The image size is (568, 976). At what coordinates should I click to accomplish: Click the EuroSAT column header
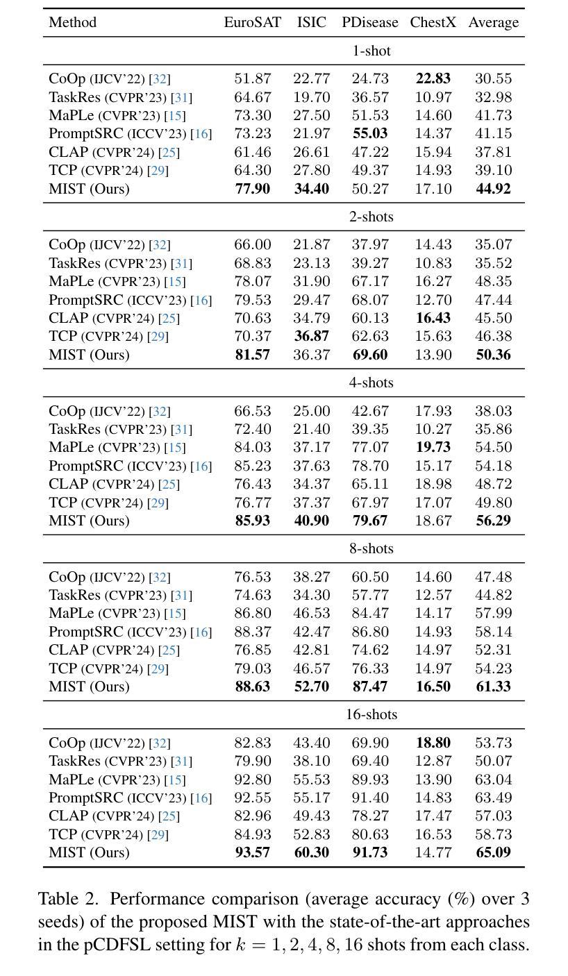[252, 22]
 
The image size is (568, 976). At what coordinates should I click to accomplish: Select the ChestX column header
[433, 22]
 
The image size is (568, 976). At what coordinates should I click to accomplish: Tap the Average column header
[494, 23]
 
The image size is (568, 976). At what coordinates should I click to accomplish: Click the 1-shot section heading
[371, 51]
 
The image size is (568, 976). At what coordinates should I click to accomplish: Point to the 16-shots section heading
[371, 714]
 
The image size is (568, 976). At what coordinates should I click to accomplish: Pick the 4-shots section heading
[371, 382]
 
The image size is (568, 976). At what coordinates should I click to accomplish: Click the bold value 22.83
[433, 78]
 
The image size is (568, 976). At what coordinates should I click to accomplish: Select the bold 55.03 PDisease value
[370, 133]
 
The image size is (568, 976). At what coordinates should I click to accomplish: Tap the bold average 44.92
[494, 189]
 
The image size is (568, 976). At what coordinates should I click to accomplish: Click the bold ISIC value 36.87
[311, 336]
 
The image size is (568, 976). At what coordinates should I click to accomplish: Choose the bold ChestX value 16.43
[433, 318]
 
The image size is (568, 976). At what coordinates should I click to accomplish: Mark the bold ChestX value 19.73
[433, 447]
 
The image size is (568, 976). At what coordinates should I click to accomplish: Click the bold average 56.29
[494, 520]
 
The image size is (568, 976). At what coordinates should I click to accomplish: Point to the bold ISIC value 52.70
[311, 687]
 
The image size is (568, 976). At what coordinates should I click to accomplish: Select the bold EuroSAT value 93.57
[252, 852]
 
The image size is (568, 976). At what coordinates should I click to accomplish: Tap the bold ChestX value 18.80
[433, 743]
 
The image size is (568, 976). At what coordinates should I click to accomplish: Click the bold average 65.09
[494, 852]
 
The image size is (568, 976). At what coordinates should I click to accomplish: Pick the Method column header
[72, 22]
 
